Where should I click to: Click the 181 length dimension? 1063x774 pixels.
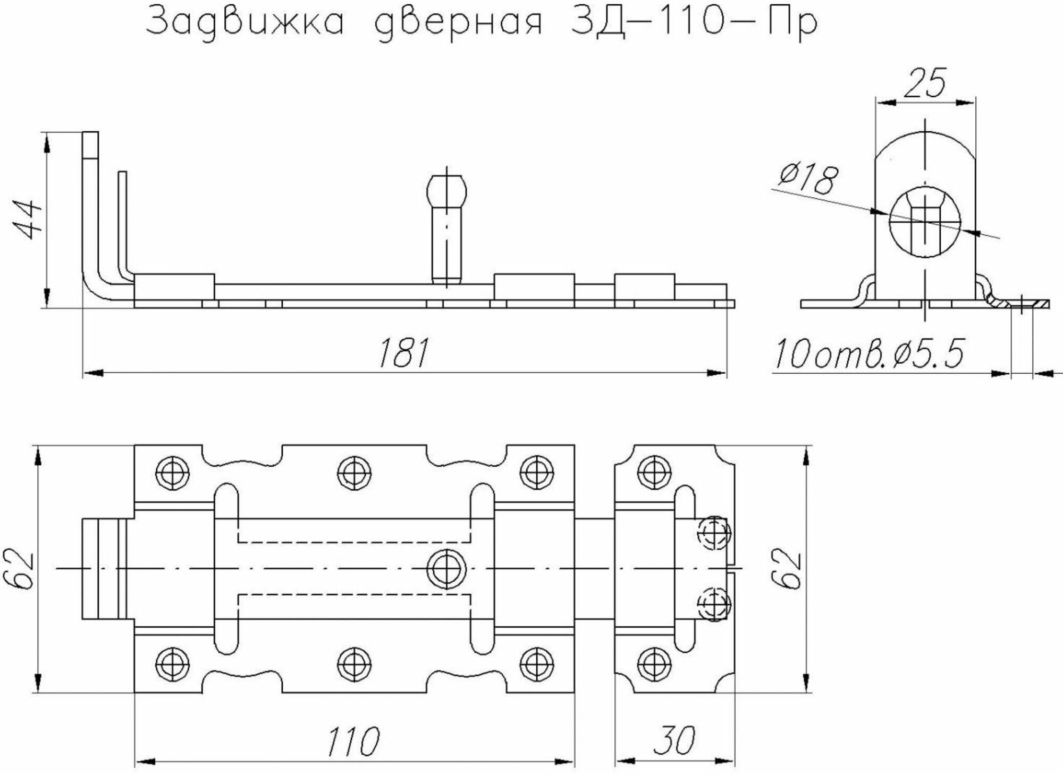403,352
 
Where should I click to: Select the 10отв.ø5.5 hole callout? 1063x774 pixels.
870,355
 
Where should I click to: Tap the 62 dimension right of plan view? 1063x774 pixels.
789,568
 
